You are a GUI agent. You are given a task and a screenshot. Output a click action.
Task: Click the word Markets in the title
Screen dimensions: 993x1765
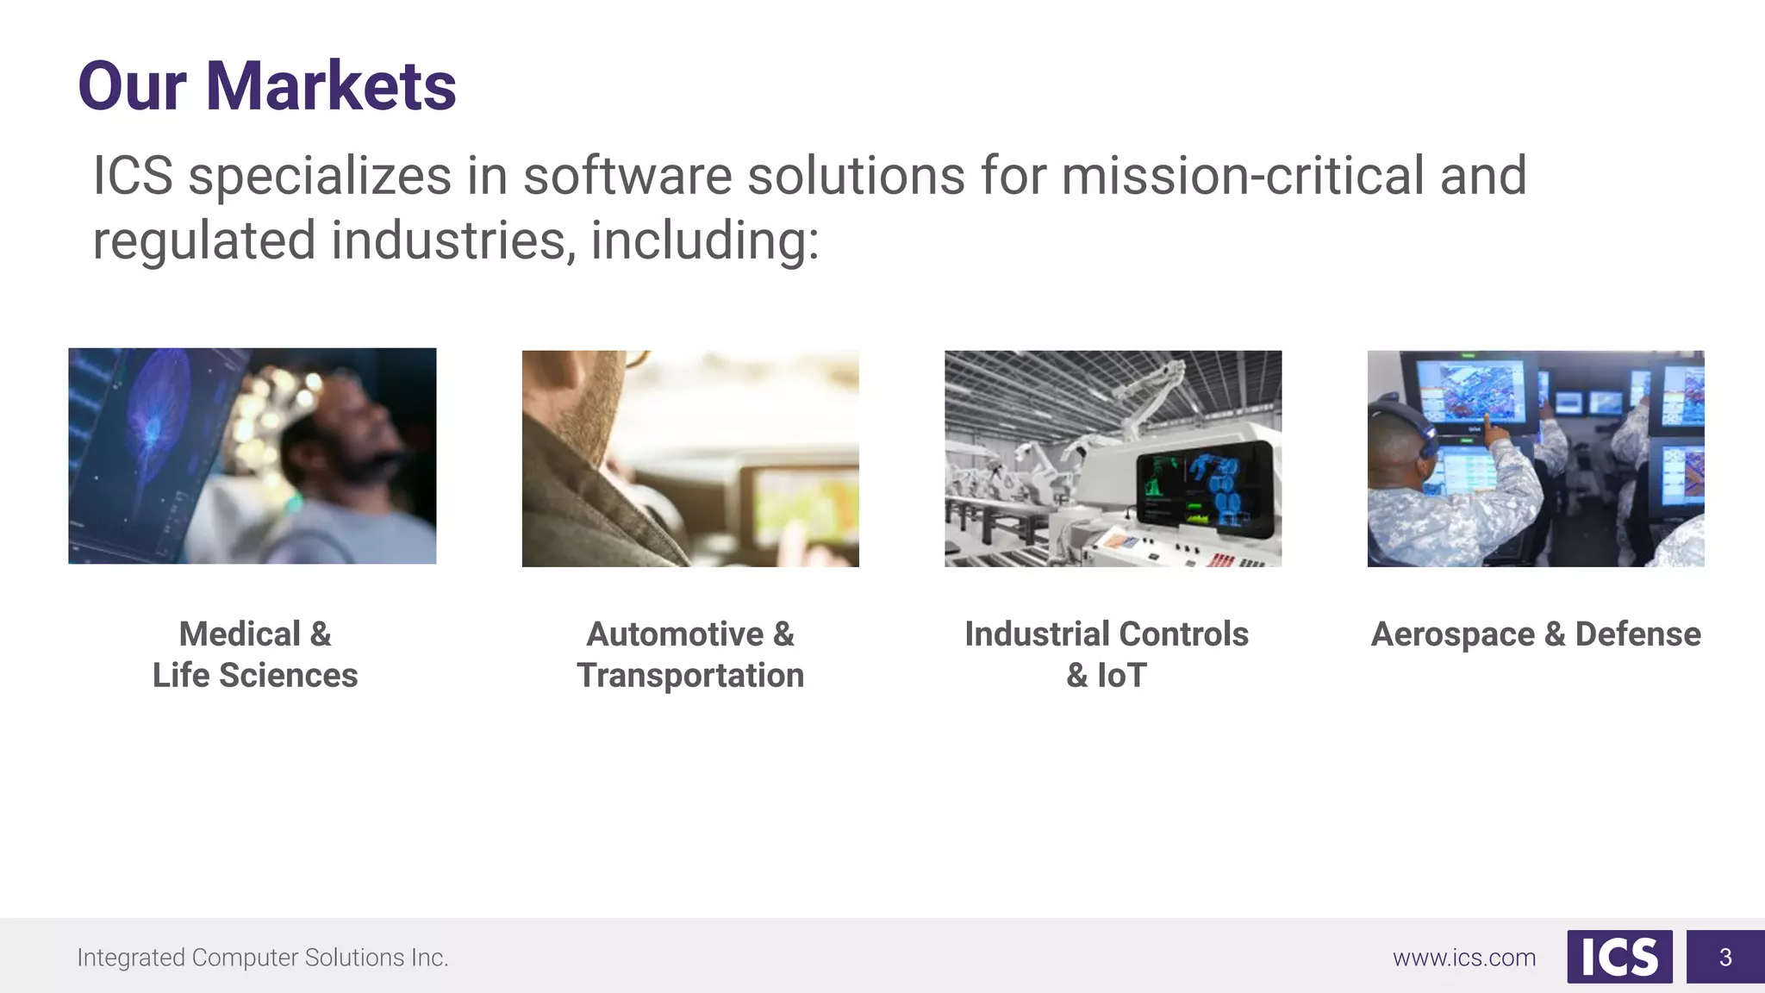click(331, 86)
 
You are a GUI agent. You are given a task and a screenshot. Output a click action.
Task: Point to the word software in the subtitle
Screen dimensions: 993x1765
click(627, 176)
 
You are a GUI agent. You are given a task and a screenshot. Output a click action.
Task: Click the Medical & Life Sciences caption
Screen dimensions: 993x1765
click(255, 654)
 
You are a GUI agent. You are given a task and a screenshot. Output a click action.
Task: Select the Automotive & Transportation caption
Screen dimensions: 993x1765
click(690, 654)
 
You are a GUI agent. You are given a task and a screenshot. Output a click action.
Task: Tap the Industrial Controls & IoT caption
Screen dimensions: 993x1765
click(1107, 654)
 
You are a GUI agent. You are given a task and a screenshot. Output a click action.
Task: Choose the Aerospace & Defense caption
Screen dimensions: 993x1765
click(1536, 634)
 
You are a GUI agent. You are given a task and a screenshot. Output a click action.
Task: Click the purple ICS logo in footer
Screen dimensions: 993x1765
click(1619, 957)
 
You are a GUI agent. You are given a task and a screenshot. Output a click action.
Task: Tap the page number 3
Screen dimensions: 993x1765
click(1724, 957)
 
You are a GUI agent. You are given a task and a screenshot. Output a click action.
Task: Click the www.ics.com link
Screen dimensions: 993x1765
click(1464, 958)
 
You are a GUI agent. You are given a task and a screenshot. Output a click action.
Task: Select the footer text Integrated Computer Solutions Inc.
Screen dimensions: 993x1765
click(263, 958)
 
